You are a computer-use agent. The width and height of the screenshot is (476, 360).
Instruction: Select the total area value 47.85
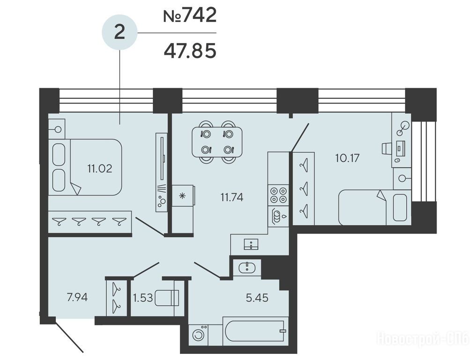pyautogui.click(x=190, y=51)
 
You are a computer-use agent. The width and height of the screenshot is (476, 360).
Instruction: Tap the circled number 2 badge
pyautogui.click(x=119, y=32)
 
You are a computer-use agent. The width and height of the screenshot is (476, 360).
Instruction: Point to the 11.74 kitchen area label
pyautogui.click(x=232, y=197)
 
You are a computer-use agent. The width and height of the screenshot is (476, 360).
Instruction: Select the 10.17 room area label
pyautogui.click(x=348, y=158)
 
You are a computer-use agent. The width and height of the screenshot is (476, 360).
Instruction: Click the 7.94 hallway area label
pyautogui.click(x=77, y=297)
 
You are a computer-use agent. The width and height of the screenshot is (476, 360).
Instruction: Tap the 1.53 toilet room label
pyautogui.click(x=143, y=298)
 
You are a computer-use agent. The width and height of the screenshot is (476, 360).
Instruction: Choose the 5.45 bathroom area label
pyautogui.click(x=257, y=298)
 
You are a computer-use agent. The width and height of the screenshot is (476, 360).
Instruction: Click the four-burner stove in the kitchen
pyautogui.click(x=278, y=195)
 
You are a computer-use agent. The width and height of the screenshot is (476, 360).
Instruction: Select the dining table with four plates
pyautogui.click(x=217, y=142)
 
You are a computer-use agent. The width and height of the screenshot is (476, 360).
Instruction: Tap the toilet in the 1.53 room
pyautogui.click(x=167, y=298)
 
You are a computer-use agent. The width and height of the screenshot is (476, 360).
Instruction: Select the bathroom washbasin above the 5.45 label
pyautogui.click(x=247, y=268)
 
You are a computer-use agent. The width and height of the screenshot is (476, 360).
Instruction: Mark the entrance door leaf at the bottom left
pyautogui.click(x=68, y=336)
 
